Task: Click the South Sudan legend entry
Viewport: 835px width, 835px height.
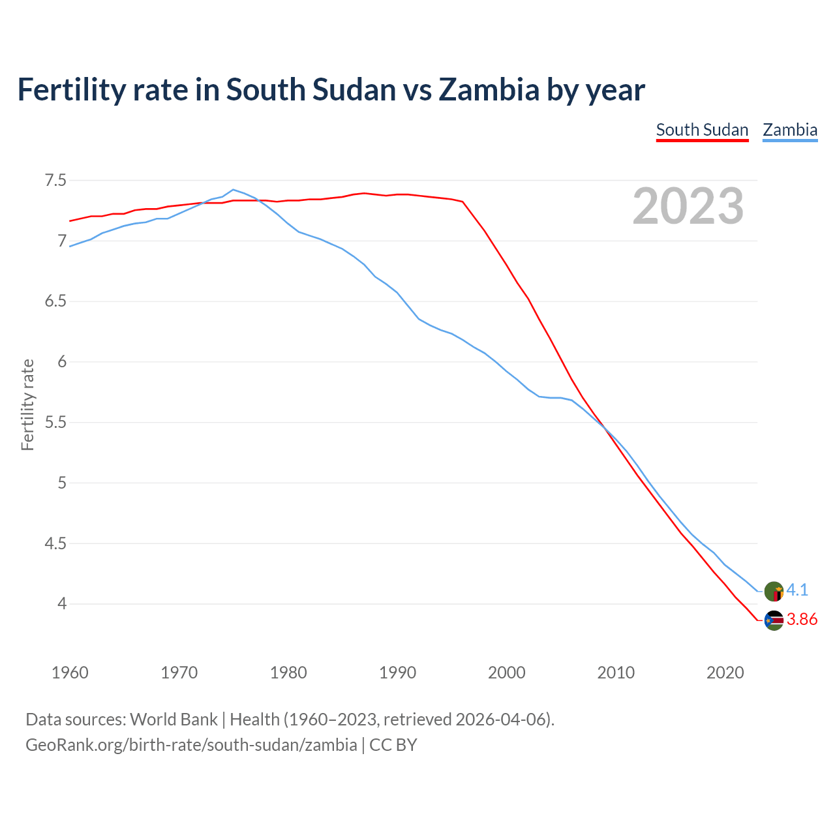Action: (702, 130)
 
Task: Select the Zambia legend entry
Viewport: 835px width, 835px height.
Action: (790, 130)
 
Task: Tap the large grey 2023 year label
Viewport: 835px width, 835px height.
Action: (688, 206)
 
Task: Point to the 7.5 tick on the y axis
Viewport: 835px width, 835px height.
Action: (55, 180)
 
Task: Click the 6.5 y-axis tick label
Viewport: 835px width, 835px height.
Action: (55, 301)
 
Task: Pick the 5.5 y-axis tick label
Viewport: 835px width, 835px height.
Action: (55, 422)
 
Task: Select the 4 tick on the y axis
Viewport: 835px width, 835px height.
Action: (62, 604)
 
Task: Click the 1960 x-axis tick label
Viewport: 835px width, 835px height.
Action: (70, 673)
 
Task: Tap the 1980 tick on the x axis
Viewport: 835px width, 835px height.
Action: (288, 673)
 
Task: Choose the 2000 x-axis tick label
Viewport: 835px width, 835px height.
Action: (507, 673)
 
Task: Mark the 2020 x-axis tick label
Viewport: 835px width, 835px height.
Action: (725, 673)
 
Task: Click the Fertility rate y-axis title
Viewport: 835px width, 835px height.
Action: (27, 404)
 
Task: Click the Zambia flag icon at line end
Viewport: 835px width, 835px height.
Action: (774, 591)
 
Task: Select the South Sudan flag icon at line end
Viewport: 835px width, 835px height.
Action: (774, 620)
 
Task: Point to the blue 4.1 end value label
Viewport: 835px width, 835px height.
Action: (797, 590)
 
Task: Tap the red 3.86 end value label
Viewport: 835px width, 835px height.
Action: (802, 620)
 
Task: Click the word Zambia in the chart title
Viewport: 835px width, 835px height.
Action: (489, 89)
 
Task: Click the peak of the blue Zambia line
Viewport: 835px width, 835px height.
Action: (234, 190)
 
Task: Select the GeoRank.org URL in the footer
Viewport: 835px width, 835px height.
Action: (191, 745)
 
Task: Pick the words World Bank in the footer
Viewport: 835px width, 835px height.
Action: (174, 720)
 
